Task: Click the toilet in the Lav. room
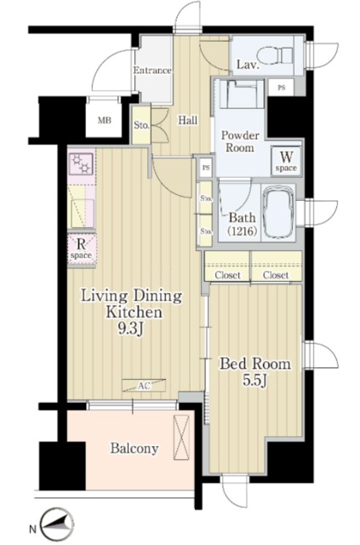275,55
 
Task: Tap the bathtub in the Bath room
278,212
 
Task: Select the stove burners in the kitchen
81,163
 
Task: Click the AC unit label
144,385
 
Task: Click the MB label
104,121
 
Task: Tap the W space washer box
286,162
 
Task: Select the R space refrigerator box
82,249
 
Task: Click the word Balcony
134,449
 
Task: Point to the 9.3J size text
131,329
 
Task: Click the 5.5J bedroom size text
254,381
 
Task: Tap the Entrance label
152,71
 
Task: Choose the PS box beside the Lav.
281,88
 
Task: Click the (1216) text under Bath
243,230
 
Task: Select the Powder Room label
240,141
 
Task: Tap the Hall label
187,120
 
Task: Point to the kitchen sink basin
82,213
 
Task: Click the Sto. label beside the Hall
141,125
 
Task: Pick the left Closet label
227,275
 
